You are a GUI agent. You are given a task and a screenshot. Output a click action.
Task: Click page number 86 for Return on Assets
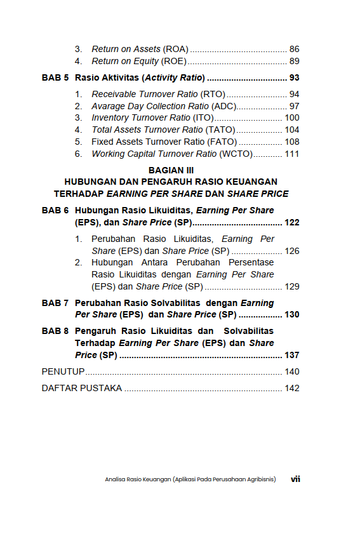pos(294,49)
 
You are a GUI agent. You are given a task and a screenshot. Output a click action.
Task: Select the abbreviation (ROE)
pos(175,61)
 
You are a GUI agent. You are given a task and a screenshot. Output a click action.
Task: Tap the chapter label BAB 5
pos(55,78)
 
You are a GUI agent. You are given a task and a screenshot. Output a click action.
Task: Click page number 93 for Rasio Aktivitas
pos(294,78)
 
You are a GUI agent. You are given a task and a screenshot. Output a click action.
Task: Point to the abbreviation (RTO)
pos(213,94)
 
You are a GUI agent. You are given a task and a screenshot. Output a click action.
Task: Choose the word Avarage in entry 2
pos(109,106)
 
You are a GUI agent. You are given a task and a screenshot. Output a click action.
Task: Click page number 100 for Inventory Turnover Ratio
pos(292,117)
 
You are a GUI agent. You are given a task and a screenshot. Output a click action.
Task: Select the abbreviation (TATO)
pos(220,130)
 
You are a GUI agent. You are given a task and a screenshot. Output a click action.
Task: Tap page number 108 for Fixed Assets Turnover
pos(292,142)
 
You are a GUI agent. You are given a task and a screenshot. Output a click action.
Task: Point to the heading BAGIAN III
pos(171,170)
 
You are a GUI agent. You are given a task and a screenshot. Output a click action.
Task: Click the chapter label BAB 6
pos(55,210)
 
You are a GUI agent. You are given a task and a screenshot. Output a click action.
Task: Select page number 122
pos(292,222)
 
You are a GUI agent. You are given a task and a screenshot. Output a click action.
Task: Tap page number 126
pos(292,251)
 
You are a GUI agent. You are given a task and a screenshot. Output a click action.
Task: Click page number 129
pos(292,286)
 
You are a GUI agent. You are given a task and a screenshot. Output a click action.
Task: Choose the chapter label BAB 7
pos(55,303)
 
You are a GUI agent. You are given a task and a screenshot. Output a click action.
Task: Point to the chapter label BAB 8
pos(55,331)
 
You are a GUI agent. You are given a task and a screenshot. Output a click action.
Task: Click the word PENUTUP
pos(63,371)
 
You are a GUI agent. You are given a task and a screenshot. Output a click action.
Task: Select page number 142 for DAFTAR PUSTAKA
pos(292,388)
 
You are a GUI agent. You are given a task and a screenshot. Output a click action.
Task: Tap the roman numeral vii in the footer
pos(295,479)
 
